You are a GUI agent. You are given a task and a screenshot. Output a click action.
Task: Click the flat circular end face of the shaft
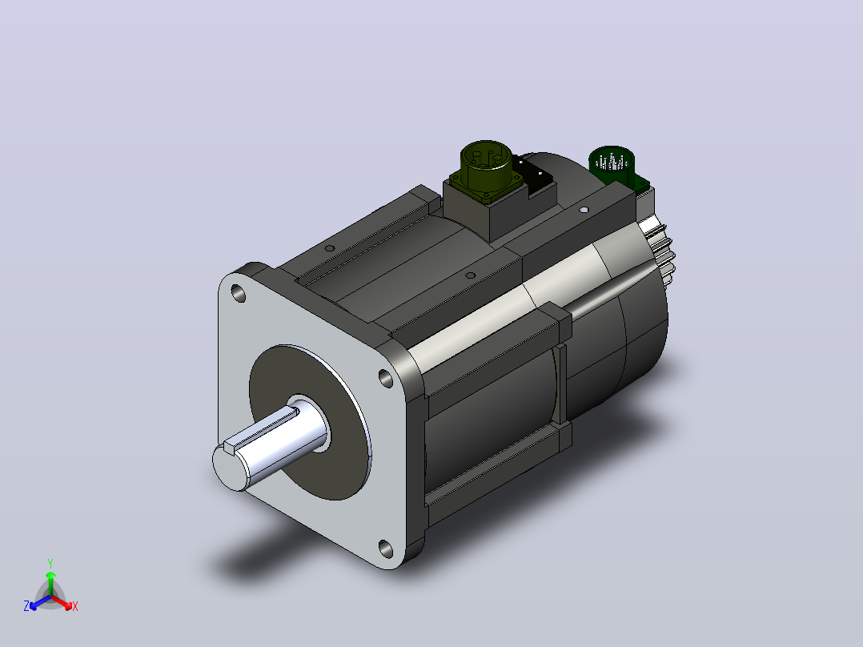228,468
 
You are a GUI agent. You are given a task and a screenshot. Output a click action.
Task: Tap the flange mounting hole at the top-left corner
239,293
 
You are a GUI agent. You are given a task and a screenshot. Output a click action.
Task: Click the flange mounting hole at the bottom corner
386,549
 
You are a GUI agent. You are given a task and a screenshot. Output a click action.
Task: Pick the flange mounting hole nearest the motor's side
386,378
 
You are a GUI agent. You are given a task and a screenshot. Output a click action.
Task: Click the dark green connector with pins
611,163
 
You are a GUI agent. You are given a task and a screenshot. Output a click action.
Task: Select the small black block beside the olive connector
536,176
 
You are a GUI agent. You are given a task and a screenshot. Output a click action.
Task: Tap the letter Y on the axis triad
50,563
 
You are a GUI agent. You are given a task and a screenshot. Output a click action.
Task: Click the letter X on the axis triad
75,607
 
